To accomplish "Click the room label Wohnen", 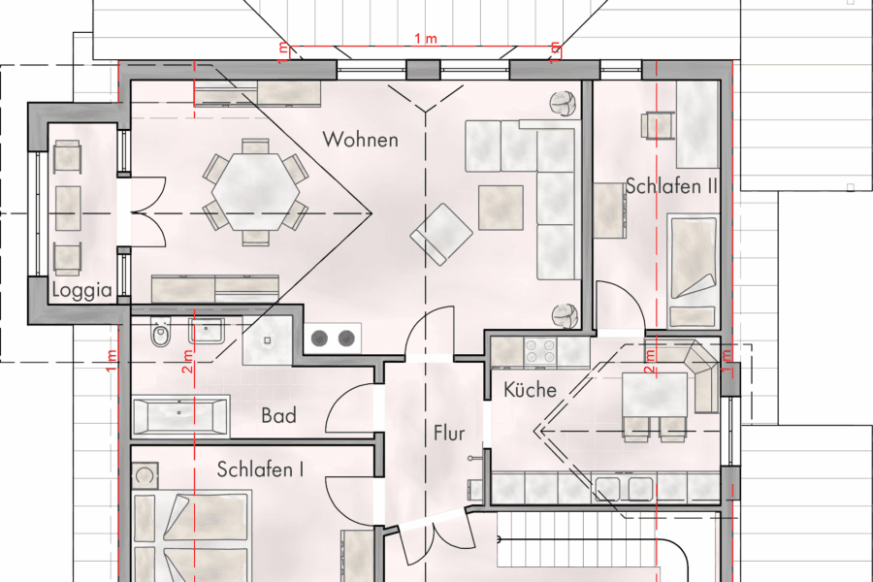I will click(361, 140).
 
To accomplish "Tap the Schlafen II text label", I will click(670, 186).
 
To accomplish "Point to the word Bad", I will click(278, 416).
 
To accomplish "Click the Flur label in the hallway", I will click(449, 433).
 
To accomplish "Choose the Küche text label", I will click(530, 390).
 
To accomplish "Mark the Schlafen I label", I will click(260, 470).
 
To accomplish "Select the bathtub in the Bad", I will click(180, 417).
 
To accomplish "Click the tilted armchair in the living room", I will click(442, 234).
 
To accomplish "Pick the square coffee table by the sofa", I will click(501, 207).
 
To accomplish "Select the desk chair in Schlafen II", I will click(657, 125).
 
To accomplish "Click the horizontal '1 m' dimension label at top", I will click(424, 39).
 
